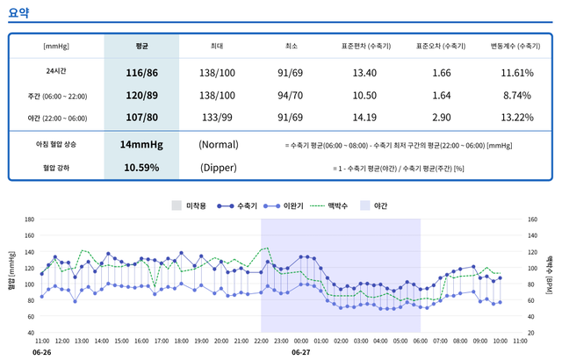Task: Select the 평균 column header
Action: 140,45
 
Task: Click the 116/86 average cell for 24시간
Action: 140,71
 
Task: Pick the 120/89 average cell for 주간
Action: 140,94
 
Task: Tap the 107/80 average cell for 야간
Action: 140,117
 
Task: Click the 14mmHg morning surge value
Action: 140,143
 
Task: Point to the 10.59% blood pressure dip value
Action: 140,166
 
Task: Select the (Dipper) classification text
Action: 218,166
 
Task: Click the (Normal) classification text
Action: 218,143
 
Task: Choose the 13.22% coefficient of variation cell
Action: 516,117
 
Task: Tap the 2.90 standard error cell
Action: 442,117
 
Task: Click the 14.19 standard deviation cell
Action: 366,117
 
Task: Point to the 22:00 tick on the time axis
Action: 261,340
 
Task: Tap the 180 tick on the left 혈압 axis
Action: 29,219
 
